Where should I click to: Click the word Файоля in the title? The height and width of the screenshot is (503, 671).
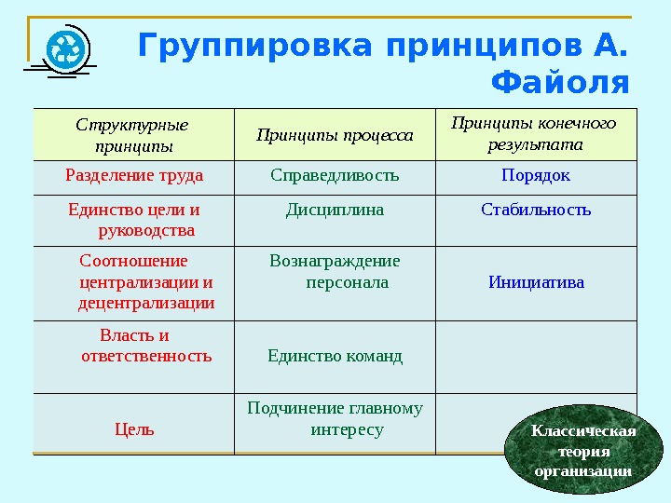click(x=558, y=84)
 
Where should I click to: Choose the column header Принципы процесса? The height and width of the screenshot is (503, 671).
click(x=335, y=136)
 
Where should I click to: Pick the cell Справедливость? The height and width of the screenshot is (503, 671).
click(x=335, y=175)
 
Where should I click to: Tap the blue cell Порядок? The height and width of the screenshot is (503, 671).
click(x=536, y=175)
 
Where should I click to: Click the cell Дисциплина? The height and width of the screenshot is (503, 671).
click(x=335, y=210)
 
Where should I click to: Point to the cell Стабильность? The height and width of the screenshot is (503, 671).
click(x=536, y=210)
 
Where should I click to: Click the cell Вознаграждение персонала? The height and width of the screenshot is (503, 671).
click(x=335, y=271)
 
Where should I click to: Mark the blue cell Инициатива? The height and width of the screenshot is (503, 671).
click(x=536, y=281)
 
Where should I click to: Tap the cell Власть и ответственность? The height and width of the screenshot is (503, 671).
click(x=145, y=346)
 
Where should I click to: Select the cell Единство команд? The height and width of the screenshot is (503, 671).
click(x=335, y=356)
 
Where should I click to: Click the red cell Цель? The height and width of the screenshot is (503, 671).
click(x=134, y=429)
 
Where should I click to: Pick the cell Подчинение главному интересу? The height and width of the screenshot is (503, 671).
click(x=335, y=418)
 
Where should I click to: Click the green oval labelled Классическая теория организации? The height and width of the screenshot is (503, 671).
click(x=583, y=451)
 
